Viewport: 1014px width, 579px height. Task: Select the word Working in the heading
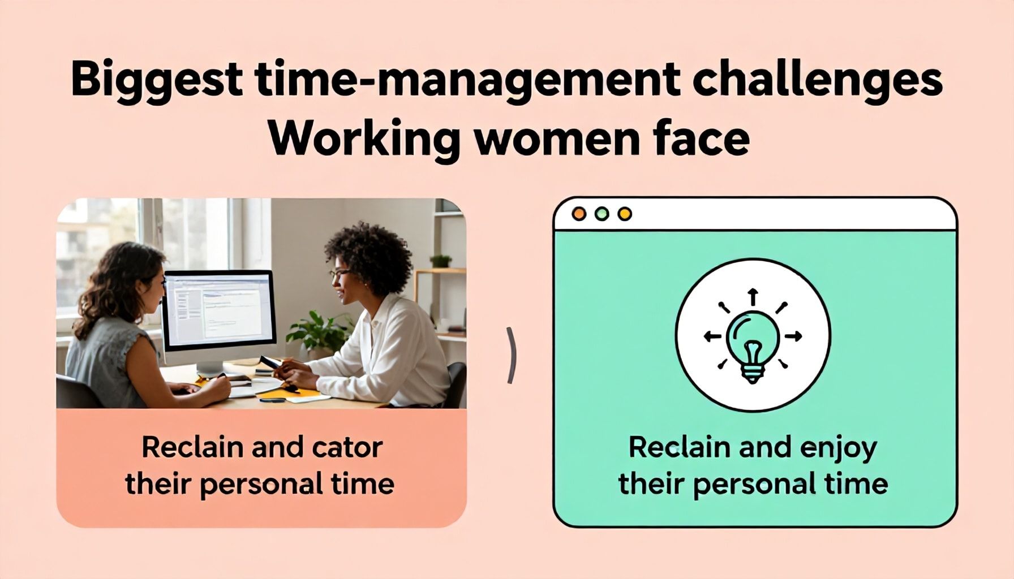362,139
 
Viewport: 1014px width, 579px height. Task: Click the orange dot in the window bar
579,214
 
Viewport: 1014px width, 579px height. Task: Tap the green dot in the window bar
602,214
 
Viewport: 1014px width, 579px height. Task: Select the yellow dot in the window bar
625,214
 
